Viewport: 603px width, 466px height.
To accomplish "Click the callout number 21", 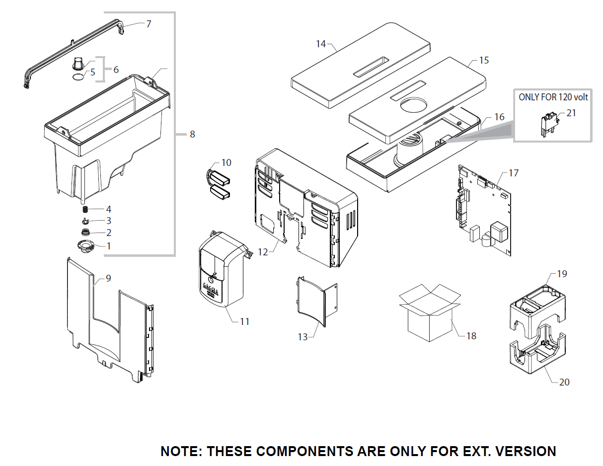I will (x=571, y=113).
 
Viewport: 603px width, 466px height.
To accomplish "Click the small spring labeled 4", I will (x=85, y=209).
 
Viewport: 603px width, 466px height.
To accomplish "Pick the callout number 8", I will (x=192, y=134).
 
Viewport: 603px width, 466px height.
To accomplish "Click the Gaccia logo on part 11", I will (x=212, y=287).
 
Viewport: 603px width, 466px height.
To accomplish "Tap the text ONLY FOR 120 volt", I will (x=553, y=97).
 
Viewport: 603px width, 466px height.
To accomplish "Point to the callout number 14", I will (x=321, y=44).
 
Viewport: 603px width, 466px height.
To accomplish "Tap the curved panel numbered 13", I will (x=312, y=301).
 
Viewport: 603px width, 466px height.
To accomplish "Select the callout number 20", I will (x=564, y=382).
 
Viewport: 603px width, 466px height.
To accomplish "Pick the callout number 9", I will (x=108, y=278).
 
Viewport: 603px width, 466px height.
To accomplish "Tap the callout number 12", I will (x=263, y=252).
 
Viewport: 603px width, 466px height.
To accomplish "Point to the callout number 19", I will (x=562, y=274).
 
